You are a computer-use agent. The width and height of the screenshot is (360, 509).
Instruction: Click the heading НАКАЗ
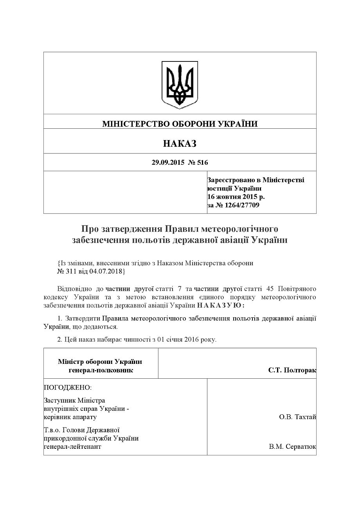click(180, 144)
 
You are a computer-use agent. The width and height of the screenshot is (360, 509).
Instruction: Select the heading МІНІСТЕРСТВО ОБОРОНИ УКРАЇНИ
click(180, 124)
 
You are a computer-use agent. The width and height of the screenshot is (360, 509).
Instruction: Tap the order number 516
click(203, 162)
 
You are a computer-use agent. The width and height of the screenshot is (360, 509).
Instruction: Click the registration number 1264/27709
click(241, 205)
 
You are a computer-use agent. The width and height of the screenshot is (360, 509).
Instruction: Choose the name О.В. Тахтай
click(297, 417)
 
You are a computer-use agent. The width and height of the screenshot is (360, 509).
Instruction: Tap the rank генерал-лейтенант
click(72, 446)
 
